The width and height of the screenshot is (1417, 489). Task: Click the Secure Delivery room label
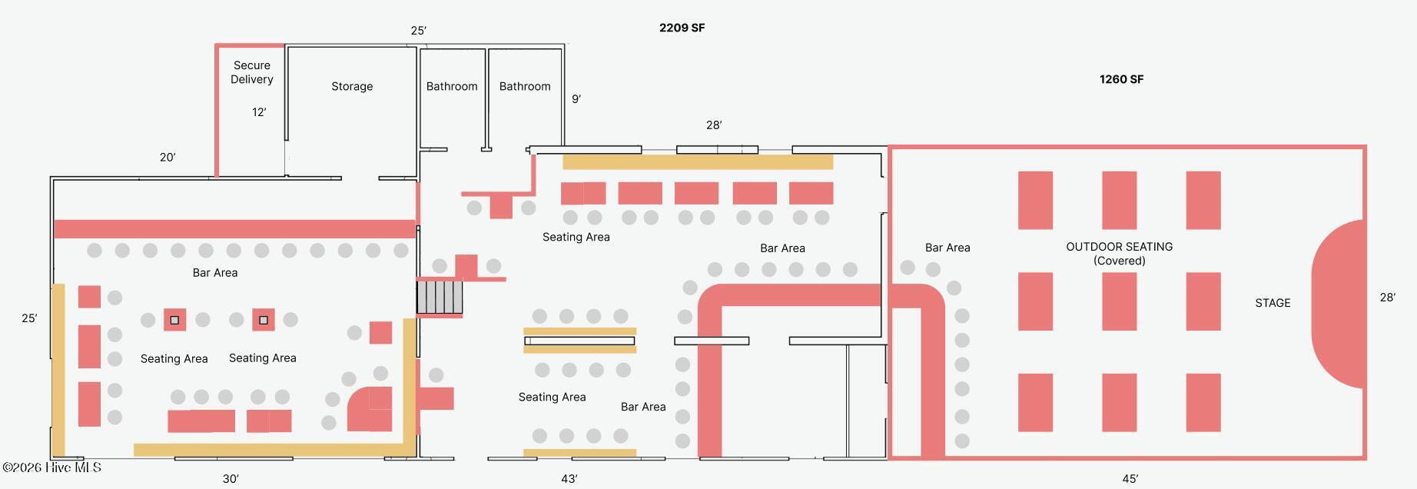coord(252,72)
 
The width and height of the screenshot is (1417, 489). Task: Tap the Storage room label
coord(352,86)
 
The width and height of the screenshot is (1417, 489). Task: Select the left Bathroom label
coord(452,86)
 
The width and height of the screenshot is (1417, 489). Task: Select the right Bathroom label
coord(525,86)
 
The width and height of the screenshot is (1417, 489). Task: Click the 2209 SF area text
coord(682,28)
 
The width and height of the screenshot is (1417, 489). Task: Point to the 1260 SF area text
coord(1121,79)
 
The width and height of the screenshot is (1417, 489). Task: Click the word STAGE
coord(1273,303)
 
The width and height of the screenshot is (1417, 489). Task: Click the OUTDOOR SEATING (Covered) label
coord(1119,253)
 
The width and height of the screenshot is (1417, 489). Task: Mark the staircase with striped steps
coord(440,297)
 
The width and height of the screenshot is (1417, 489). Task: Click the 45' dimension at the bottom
coord(1130,479)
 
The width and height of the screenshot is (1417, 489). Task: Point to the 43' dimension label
coord(569,479)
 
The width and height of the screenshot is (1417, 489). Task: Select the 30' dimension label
coord(231,479)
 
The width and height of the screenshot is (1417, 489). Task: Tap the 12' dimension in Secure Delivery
coord(259,112)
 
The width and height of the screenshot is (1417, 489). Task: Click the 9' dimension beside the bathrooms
coord(576,99)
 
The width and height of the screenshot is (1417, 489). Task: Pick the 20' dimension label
coord(168,158)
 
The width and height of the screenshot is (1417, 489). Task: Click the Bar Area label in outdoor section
coord(947,248)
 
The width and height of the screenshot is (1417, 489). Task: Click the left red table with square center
coord(174,320)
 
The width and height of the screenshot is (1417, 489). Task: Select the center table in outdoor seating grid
coord(1119,301)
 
